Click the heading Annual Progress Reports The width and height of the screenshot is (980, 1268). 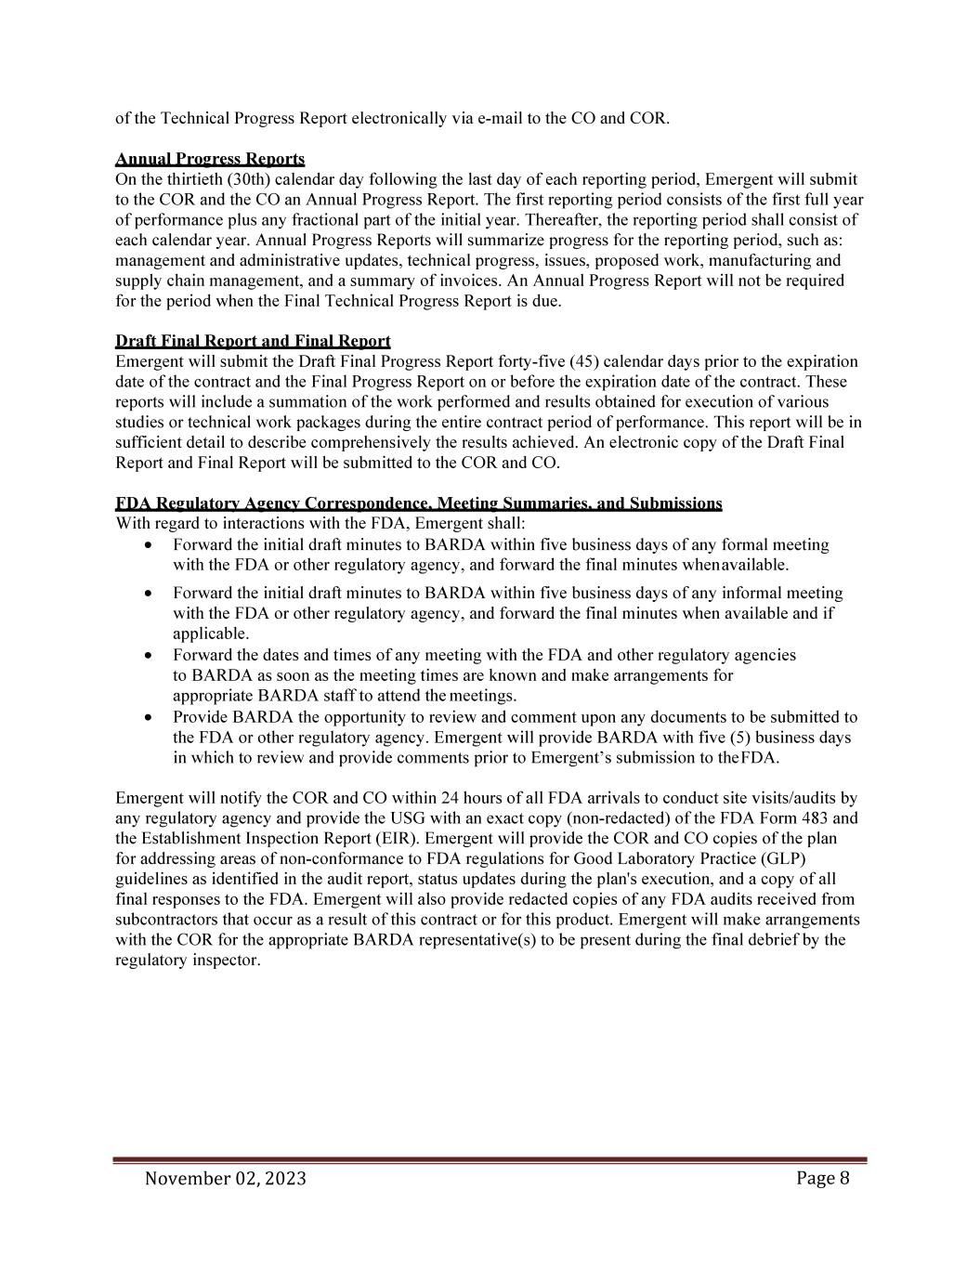(x=210, y=159)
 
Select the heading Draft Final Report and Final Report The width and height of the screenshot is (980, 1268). (x=253, y=341)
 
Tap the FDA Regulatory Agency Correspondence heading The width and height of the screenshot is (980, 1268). (x=418, y=503)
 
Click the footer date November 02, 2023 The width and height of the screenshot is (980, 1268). (x=226, y=1179)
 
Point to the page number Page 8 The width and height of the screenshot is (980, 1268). (x=822, y=1178)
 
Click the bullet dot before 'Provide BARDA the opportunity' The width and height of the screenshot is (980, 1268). (x=148, y=718)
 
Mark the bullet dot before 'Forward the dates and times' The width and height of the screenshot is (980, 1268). (x=148, y=656)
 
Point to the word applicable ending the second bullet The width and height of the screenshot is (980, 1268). (x=198, y=634)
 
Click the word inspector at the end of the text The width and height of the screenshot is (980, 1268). (x=227, y=961)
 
